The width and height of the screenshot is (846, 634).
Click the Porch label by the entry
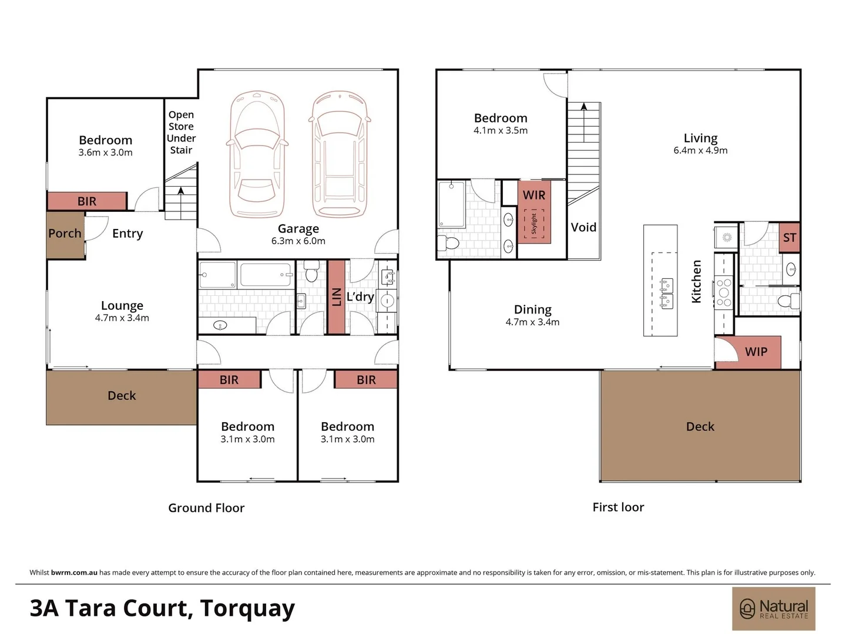point(65,234)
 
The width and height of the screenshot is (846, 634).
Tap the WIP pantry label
point(756,352)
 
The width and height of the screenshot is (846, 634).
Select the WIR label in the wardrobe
point(533,195)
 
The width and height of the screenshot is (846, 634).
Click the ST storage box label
point(789,238)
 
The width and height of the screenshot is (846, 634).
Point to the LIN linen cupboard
point(337,296)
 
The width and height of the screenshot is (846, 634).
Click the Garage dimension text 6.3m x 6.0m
point(298,241)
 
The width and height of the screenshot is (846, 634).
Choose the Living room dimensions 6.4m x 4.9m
point(700,150)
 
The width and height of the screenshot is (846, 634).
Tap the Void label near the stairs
point(583,227)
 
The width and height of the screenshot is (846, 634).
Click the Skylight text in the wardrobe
point(533,224)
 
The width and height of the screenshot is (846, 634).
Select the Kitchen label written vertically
point(696,282)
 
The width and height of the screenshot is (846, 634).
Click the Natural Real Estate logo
point(773,609)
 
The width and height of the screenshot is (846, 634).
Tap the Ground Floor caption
point(206,508)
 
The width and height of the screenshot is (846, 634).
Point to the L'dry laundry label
point(360,296)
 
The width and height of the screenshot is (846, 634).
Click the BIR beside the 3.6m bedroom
point(87,201)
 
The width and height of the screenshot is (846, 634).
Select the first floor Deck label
point(700,427)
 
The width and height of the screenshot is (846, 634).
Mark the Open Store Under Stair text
point(181,132)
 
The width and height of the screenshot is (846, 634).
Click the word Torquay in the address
point(247,609)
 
